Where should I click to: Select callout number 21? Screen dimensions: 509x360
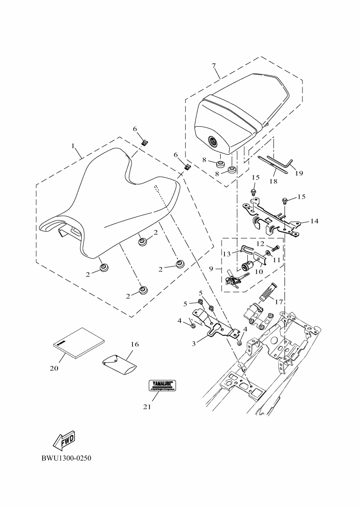coord(147,407)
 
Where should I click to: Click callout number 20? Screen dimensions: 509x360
coord(54,368)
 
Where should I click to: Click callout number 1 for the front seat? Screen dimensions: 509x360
coord(73,145)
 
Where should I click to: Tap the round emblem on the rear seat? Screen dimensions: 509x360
coord(213,142)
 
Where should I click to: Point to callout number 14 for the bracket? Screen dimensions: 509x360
coord(314,221)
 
